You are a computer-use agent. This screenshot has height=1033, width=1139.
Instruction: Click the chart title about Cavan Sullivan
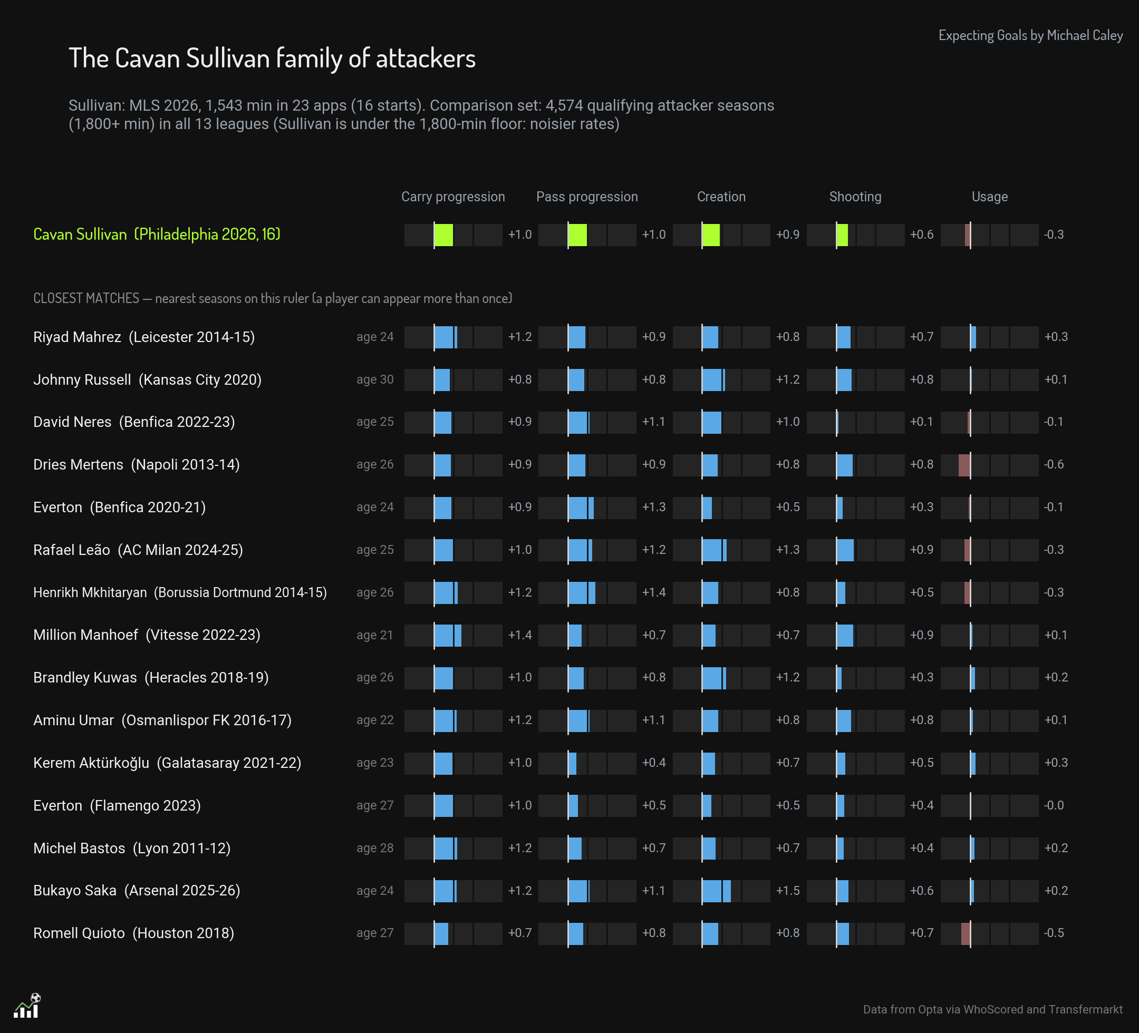pos(272,58)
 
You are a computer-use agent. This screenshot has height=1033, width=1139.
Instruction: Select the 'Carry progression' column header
pos(453,197)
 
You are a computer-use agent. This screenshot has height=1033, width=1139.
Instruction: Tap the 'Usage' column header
pos(989,197)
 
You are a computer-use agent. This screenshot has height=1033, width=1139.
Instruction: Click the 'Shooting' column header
pos(855,197)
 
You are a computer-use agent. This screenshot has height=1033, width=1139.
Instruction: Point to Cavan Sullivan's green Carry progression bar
pos(443,235)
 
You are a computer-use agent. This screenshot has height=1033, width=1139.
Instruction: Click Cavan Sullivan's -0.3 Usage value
pos(1054,235)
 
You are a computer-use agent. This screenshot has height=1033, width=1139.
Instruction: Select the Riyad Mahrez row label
pos(144,337)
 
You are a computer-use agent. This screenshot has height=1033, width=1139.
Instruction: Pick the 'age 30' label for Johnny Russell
pos(375,379)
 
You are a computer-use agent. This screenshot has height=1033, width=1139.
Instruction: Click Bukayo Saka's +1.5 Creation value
pos(788,891)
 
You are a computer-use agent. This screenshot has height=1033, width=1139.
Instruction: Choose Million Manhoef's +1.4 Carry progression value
pos(520,635)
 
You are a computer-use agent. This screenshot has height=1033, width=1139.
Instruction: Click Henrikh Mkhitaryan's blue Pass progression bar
pos(581,593)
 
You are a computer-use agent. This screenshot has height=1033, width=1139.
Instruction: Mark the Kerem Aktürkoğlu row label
pos(167,763)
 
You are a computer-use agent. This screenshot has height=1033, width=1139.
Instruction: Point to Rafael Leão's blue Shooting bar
pos(845,550)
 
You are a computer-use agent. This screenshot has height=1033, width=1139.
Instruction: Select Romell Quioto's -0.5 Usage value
pos(1054,933)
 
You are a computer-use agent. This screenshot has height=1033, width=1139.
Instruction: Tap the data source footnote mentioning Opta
pos(992,1009)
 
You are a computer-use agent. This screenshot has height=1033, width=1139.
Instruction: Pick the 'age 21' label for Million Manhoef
pos(375,636)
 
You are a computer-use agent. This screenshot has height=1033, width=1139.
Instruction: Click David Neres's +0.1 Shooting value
pos(922,422)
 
